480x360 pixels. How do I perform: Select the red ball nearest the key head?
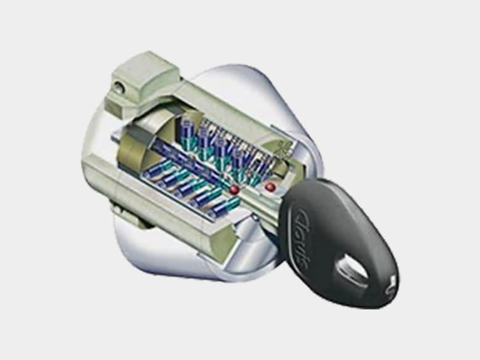pos(270,187)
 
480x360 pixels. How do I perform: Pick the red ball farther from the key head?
pos(235,189)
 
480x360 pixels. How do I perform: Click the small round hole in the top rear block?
pos(120,87)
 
